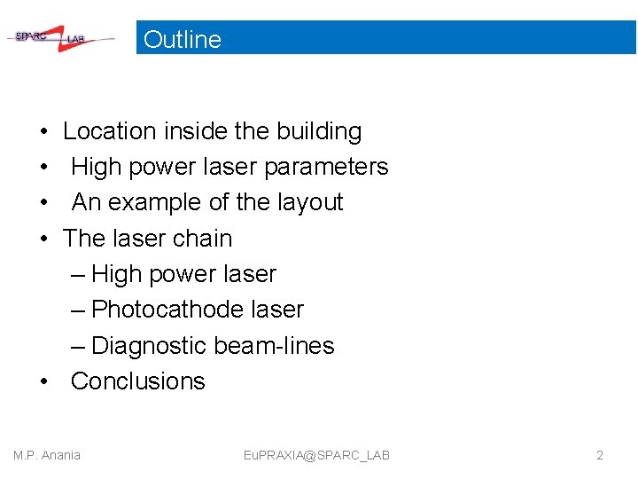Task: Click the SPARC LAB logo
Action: coord(60,38)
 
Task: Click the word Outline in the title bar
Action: coord(182,39)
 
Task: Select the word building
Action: coord(319,131)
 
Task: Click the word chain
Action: coord(204,239)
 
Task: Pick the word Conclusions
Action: coord(137,381)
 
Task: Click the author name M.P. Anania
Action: coord(47,455)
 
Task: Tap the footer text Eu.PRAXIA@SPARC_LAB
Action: coord(316,455)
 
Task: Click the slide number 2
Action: coord(599,455)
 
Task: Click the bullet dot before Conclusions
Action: coord(43,381)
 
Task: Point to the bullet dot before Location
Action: coord(43,131)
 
